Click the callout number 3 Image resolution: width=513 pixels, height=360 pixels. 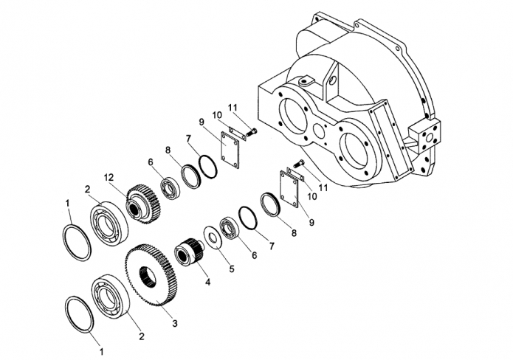(x=175, y=323)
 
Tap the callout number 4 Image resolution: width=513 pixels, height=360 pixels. (x=208, y=282)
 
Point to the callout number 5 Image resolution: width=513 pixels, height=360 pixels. (x=232, y=269)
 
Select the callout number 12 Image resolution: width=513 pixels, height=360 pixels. (x=109, y=178)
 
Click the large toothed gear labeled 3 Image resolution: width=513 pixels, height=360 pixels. (x=151, y=274)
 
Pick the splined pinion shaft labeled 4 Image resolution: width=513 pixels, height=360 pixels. (x=189, y=251)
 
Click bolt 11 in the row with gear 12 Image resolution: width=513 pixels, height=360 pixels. (x=252, y=133)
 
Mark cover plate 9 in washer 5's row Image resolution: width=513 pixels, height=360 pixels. (x=290, y=190)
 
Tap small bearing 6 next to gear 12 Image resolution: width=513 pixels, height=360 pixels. (x=169, y=188)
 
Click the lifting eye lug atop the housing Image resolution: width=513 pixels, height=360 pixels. (x=306, y=80)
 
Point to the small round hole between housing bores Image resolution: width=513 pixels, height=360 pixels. (x=320, y=129)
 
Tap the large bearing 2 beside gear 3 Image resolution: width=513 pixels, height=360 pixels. (x=111, y=297)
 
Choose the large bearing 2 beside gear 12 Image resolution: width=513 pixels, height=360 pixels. (x=109, y=224)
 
